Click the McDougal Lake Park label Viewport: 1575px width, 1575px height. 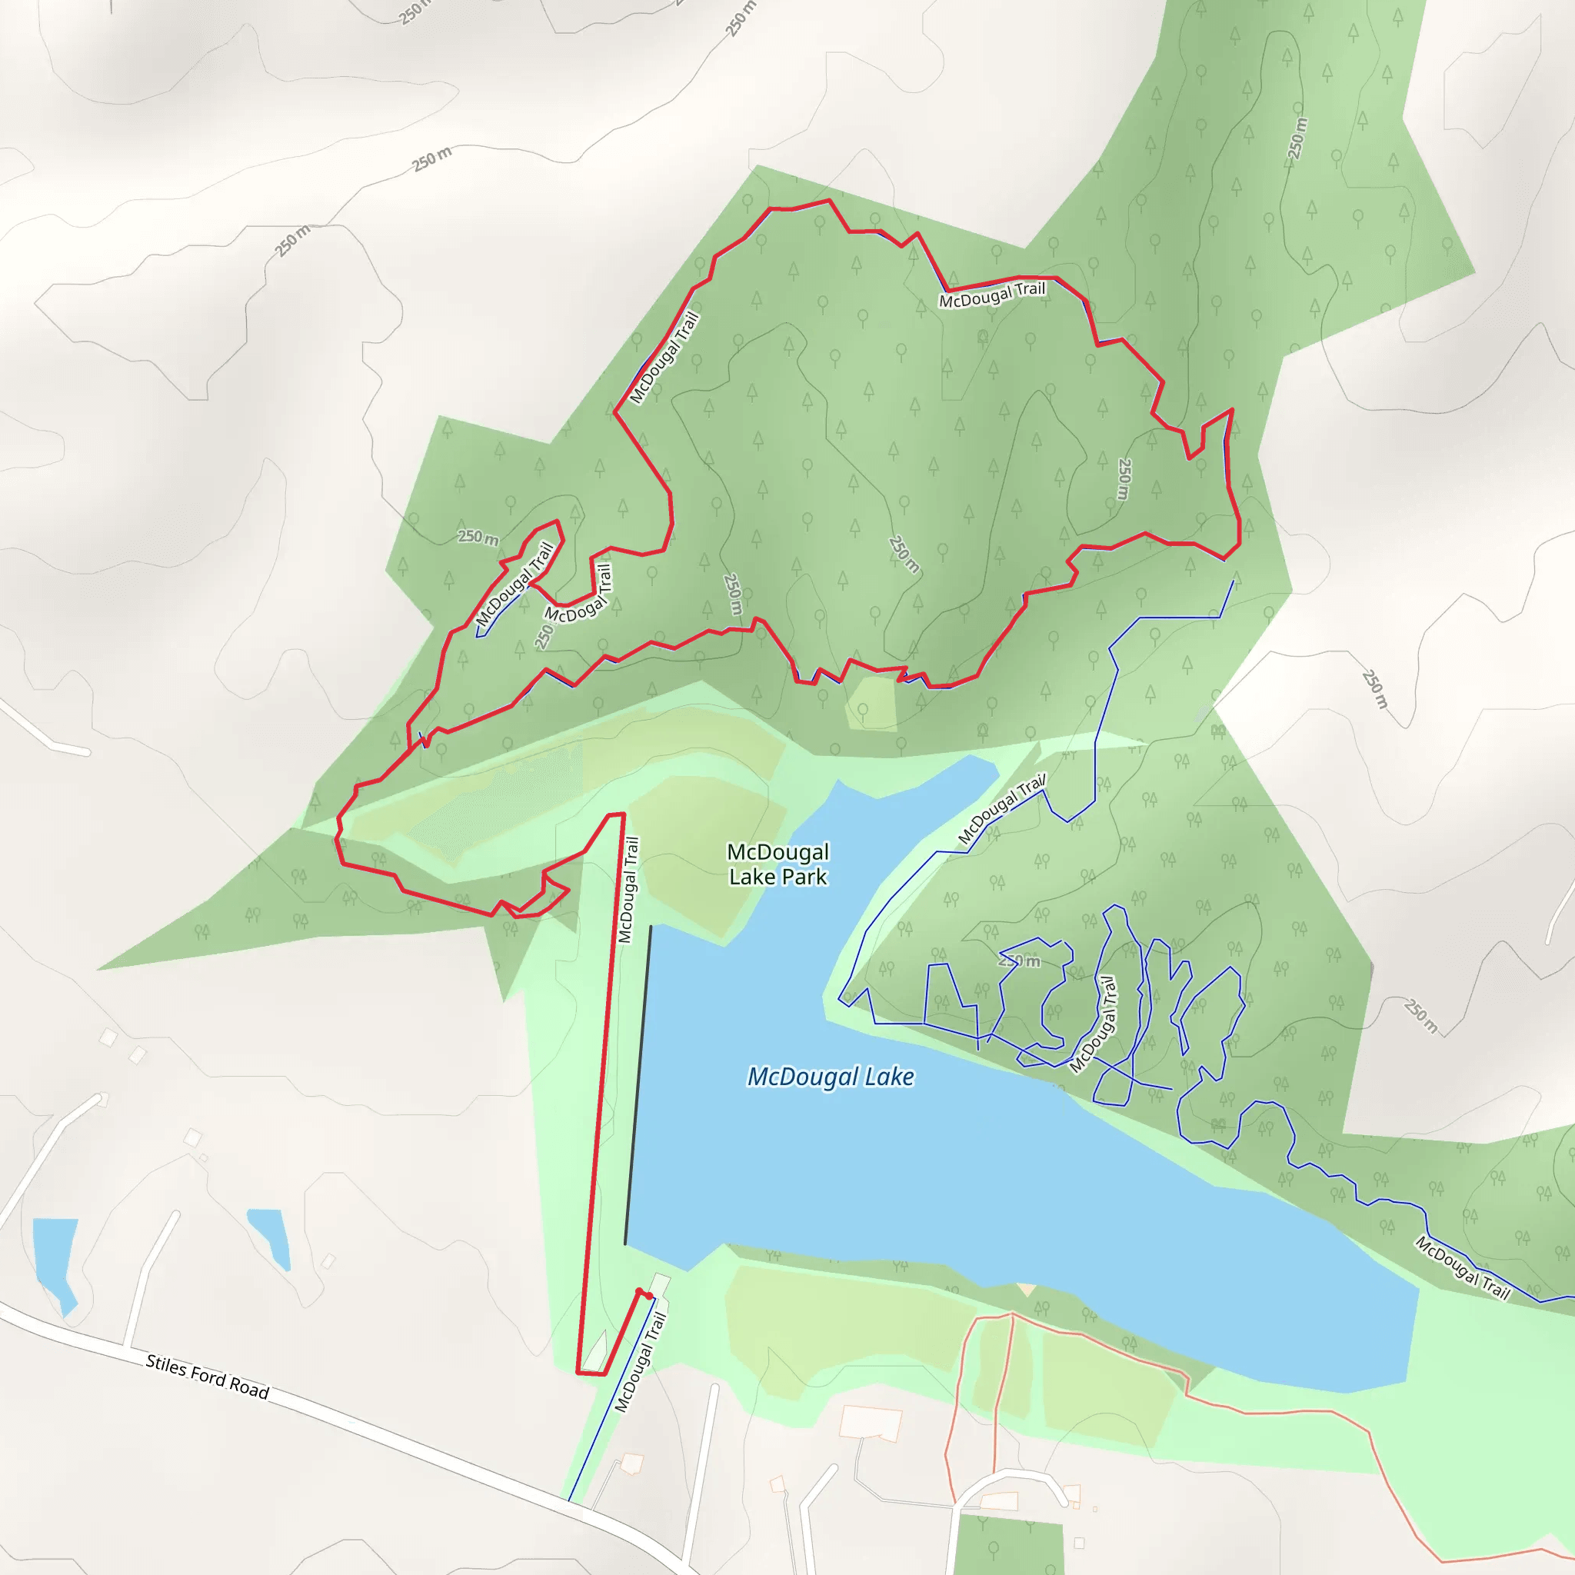click(778, 864)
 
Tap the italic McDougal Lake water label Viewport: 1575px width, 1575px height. click(830, 1077)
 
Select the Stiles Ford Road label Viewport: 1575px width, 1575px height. click(207, 1377)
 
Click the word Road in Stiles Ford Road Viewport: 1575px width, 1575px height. click(248, 1388)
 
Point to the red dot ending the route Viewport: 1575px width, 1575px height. click(639, 1292)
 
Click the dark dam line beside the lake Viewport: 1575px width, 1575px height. click(638, 1084)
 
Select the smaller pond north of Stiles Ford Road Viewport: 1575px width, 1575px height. click(271, 1235)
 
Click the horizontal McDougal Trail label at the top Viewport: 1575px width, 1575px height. click(991, 295)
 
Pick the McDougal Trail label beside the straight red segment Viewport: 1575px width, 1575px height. click(628, 891)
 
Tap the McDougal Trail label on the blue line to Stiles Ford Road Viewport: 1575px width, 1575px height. click(640, 1361)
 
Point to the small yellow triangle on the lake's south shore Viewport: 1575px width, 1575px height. click(1027, 1290)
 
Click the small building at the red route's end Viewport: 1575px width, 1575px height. click(659, 1287)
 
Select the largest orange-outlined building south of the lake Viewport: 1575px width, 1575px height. click(871, 1423)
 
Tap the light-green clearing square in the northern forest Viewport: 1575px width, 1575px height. click(871, 704)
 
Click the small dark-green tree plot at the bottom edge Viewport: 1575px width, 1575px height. click(1007, 1545)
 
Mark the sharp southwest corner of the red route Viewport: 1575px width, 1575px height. click(579, 1373)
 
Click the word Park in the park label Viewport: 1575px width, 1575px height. click(804, 877)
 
